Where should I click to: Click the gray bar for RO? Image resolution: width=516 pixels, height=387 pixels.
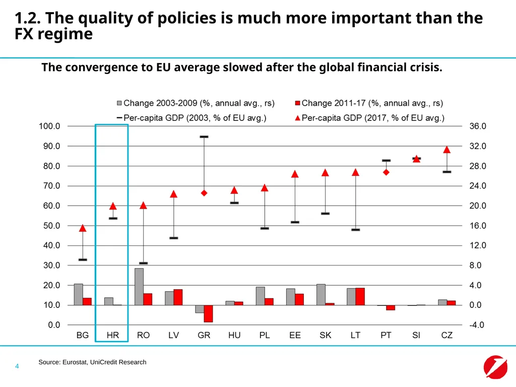point(139,287)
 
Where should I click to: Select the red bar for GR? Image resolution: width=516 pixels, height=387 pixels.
point(208,313)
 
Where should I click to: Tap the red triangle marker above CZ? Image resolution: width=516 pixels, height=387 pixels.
point(446,150)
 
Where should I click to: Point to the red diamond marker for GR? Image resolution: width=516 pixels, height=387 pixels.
point(204,193)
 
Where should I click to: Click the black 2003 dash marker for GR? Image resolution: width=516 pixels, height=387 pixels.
point(204,137)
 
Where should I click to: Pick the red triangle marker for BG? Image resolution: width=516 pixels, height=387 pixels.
point(83,228)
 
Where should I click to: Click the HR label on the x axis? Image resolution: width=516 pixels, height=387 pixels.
point(112,335)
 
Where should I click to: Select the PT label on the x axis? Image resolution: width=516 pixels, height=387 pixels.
point(385,335)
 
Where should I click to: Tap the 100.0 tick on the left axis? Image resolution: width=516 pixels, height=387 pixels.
point(49,126)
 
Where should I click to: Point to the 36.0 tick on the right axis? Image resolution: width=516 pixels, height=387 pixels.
point(478,126)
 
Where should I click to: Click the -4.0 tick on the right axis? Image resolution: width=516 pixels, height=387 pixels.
point(477,325)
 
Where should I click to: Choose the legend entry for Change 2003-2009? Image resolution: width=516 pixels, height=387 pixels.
point(196,103)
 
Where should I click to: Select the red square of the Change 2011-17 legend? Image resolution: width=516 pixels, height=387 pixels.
point(297,103)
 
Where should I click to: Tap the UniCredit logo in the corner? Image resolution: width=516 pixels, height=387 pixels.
point(495,367)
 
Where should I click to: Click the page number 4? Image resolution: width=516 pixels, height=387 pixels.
point(17,366)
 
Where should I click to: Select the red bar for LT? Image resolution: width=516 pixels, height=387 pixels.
point(360,296)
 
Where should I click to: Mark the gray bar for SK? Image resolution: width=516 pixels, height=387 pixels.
point(321,294)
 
